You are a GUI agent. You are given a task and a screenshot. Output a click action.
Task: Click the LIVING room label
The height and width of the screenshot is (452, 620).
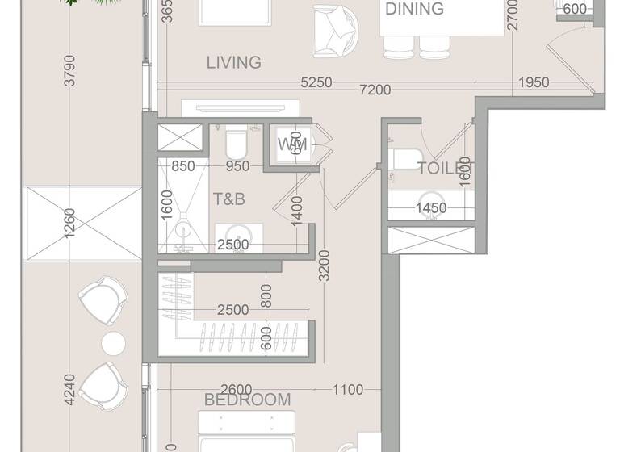tap(233, 62)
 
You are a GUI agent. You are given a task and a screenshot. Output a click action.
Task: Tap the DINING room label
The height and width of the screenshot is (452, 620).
tap(414, 10)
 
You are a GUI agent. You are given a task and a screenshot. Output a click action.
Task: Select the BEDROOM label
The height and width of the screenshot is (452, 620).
tap(247, 400)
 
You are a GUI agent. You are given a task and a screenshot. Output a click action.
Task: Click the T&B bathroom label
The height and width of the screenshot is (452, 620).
tap(229, 199)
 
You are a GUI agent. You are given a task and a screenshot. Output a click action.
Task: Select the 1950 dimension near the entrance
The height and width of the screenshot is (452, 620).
tap(534, 82)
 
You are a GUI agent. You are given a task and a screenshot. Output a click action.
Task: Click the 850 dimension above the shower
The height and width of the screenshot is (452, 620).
tap(183, 167)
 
